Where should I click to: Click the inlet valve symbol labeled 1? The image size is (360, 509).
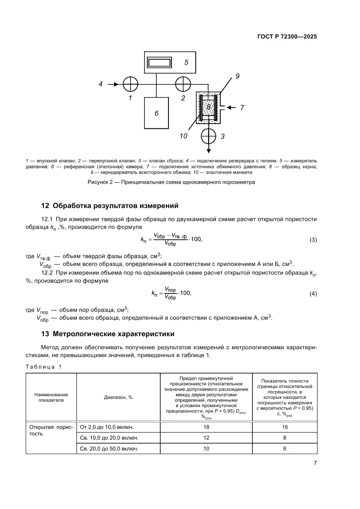coord(130,84)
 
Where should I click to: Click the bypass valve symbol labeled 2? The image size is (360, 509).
coord(183,84)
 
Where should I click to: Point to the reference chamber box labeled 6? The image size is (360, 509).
coord(157,113)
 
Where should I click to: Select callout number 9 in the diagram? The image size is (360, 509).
coord(238,76)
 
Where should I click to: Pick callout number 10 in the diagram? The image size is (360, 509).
coord(183,136)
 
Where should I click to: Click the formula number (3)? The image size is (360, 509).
coord(313,240)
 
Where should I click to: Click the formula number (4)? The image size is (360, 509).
coord(313,294)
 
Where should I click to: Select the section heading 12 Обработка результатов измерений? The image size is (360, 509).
coord(102,206)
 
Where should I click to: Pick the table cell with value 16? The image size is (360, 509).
coord(284,427)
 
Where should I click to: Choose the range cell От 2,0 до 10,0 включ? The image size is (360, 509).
coord(105,427)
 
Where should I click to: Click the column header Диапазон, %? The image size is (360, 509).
coord(118,397)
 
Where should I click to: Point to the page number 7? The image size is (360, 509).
coord(315,463)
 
